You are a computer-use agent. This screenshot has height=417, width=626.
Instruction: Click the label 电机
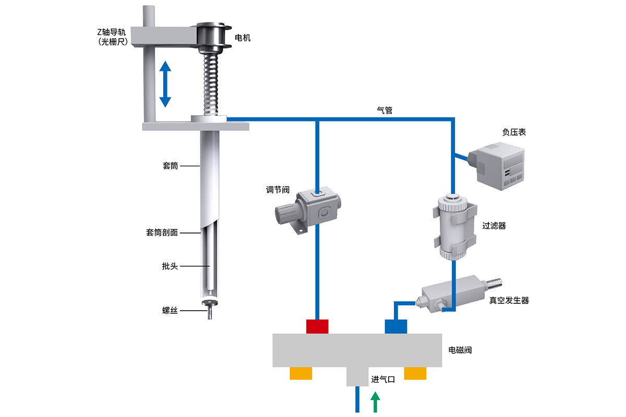tap(243, 38)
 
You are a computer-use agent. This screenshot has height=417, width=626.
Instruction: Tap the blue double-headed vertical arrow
tap(165, 84)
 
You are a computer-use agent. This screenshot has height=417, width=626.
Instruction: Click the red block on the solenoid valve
tap(317, 326)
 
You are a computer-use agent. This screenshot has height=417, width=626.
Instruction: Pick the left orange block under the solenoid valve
tap(301, 373)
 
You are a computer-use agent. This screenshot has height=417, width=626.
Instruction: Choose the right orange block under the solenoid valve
tap(415, 373)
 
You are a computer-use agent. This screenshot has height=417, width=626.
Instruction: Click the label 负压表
tap(514, 132)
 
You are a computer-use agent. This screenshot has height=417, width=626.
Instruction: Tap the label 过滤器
tap(495, 226)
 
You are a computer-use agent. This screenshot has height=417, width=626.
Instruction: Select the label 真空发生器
tap(509, 301)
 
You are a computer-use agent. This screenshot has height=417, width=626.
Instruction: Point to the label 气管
tap(384, 111)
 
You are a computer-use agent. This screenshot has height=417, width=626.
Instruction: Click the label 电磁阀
tap(460, 350)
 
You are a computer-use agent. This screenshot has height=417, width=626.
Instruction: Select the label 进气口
tap(383, 379)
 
